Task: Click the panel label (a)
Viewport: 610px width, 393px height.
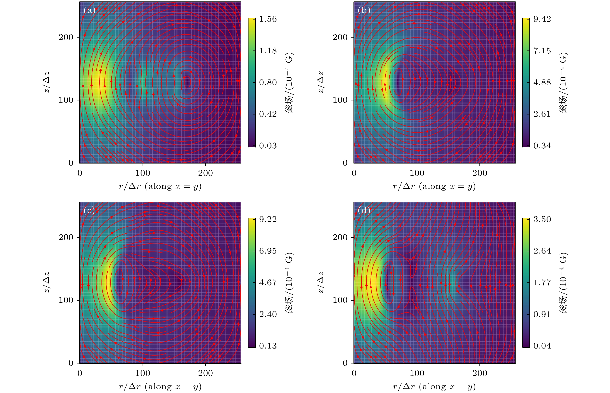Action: (89, 10)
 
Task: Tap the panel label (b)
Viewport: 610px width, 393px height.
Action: (364, 10)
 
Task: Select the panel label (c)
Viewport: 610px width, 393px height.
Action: (89, 211)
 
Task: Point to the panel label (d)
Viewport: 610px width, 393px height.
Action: (364, 211)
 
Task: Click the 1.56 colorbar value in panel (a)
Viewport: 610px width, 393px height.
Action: (268, 19)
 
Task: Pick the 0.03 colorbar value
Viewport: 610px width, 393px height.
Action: (268, 146)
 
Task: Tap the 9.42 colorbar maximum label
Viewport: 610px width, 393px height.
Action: (542, 19)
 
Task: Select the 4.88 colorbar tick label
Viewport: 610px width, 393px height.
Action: (542, 82)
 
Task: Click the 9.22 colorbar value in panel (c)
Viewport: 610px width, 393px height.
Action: (268, 219)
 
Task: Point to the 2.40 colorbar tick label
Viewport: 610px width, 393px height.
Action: (268, 314)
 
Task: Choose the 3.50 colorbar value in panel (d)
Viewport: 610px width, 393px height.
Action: (542, 219)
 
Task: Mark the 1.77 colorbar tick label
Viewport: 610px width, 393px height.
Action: (542, 283)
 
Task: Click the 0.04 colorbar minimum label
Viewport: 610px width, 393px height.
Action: (542, 346)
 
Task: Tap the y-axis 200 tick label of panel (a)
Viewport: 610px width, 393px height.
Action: (66, 37)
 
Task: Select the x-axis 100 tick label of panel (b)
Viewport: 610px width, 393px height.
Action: (417, 173)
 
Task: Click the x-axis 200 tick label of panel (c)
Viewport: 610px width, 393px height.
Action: (205, 373)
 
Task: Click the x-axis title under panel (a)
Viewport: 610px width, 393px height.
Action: (160, 186)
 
